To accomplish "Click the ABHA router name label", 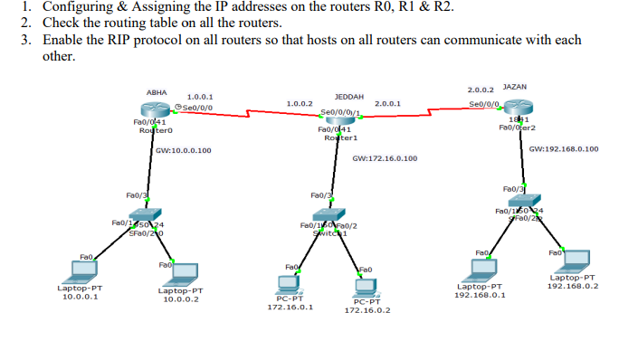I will pyautogui.click(x=157, y=92).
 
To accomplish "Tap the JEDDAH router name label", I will pyautogui.click(x=348, y=95).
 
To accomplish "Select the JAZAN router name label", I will pyautogui.click(x=514, y=87).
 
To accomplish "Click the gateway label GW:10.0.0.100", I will pyautogui.click(x=184, y=150).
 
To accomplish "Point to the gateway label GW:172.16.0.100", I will pyautogui.click(x=385, y=158).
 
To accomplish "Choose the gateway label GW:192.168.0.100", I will pyautogui.click(x=563, y=148).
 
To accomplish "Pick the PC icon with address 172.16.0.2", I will pyautogui.click(x=366, y=289).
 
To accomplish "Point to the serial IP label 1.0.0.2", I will pyautogui.click(x=299, y=104).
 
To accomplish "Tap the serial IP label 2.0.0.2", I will pyautogui.click(x=481, y=90).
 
